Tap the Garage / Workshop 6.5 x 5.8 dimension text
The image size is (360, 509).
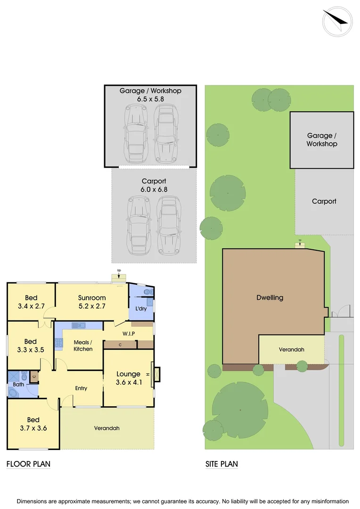pyautogui.click(x=150, y=95)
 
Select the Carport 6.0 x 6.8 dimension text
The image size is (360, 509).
pyautogui.click(x=154, y=185)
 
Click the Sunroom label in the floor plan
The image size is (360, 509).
pyautogui.click(x=92, y=302)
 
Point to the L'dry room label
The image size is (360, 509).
pyautogui.click(x=141, y=308)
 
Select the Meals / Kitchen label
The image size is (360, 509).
pyautogui.click(x=83, y=345)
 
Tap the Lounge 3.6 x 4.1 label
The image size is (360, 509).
pyautogui.click(x=129, y=378)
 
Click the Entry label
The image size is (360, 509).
pyautogui.click(x=81, y=388)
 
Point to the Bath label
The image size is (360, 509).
pyautogui.click(x=18, y=385)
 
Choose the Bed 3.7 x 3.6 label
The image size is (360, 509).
pyautogui.click(x=33, y=424)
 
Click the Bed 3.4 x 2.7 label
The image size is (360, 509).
pyautogui.click(x=32, y=302)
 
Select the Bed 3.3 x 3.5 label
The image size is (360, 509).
pyautogui.click(x=31, y=345)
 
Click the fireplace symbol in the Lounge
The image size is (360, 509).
pyautogui.click(x=156, y=374)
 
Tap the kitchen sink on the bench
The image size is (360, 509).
pyautogui.click(x=78, y=325)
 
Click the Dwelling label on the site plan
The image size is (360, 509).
pyautogui.click(x=270, y=297)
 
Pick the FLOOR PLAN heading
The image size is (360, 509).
pyautogui.click(x=28, y=464)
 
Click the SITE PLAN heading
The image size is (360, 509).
pyautogui.click(x=221, y=464)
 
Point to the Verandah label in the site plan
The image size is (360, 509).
pyautogui.click(x=291, y=350)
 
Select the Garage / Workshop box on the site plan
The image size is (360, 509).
pyautogui.click(x=322, y=140)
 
